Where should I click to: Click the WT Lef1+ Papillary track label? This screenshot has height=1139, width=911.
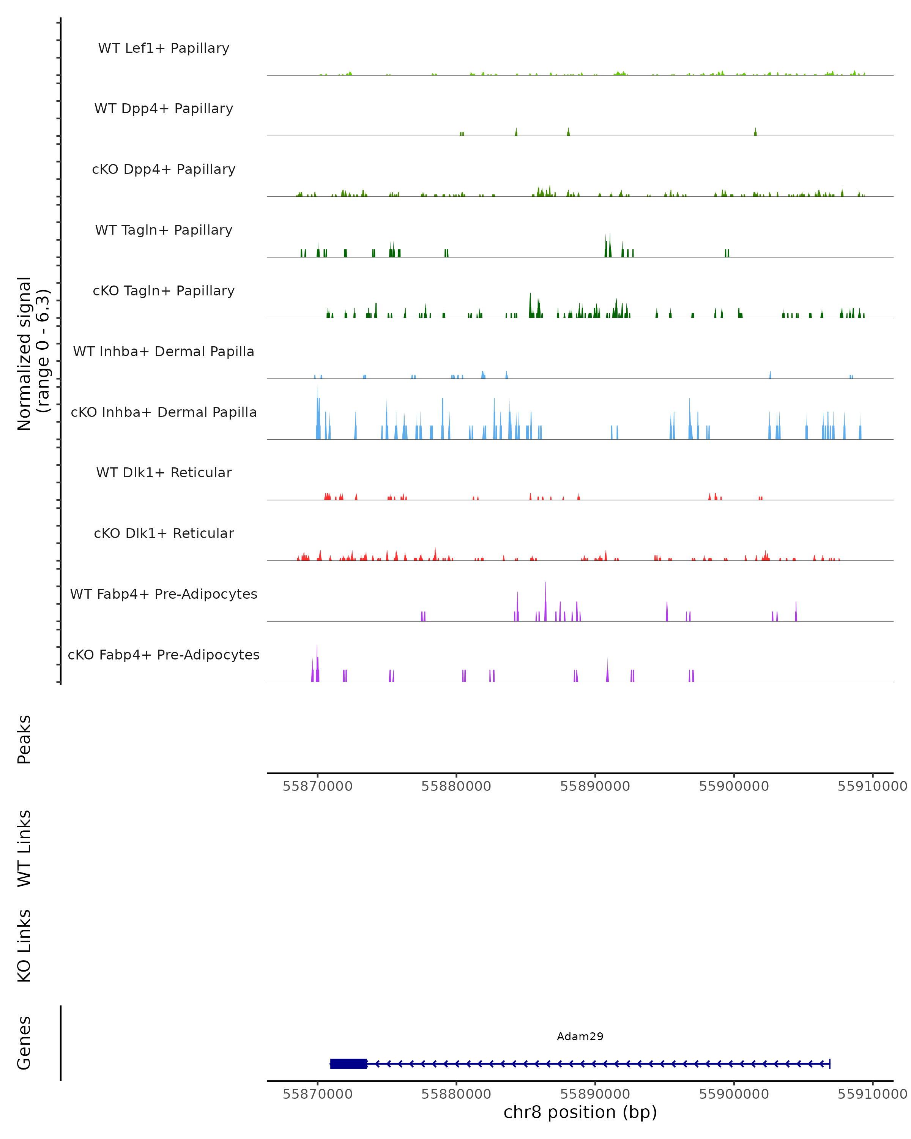(164, 48)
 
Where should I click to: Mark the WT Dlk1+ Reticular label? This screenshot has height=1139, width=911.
(164, 472)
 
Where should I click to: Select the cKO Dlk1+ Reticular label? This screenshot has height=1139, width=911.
(164, 533)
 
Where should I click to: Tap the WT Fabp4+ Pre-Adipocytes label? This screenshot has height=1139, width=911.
(164, 594)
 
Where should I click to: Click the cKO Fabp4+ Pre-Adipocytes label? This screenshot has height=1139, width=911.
(164, 655)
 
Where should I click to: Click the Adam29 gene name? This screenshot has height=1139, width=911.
(580, 1036)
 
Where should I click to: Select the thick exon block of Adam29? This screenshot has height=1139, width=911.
(348, 1063)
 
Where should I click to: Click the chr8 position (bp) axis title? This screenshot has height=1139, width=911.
(580, 1112)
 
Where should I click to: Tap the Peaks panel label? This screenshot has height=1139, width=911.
(24, 739)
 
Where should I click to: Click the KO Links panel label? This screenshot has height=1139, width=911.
(24, 946)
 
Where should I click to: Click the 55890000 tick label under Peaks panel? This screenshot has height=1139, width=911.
(595, 786)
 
